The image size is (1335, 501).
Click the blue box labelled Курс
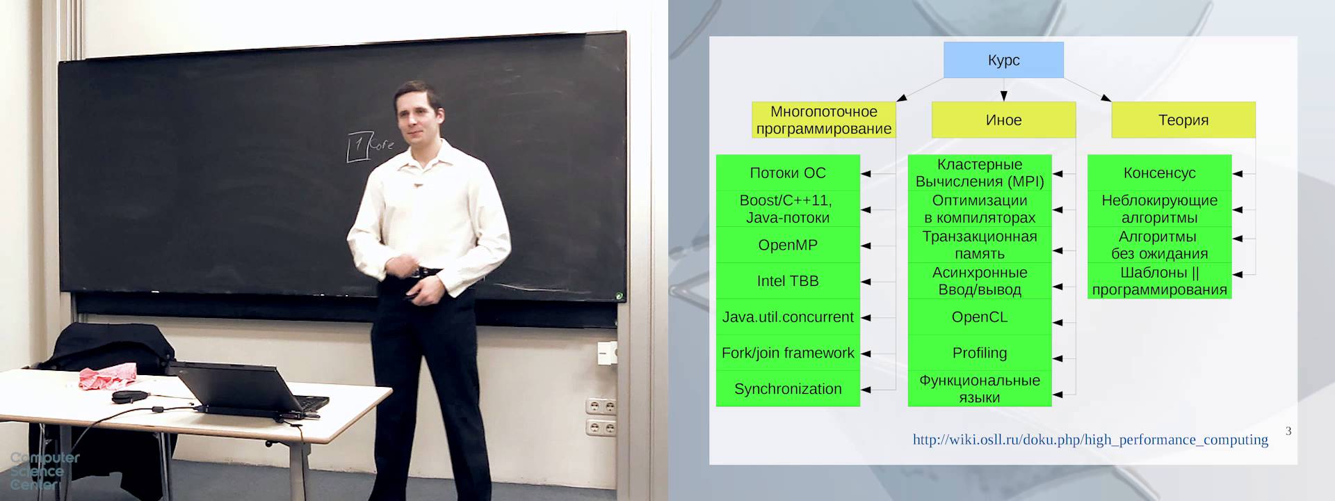coord(1003,60)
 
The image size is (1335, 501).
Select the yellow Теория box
coord(1183,120)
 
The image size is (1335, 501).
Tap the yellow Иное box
coord(1003,120)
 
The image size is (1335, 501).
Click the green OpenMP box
coord(788,245)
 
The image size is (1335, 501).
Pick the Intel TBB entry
coord(788,281)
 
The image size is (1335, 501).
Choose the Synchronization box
coord(788,389)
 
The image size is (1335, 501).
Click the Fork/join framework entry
coord(788,353)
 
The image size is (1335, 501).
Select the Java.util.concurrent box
coord(788,317)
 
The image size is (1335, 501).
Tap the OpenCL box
coord(980,317)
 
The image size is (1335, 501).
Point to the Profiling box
coord(980,353)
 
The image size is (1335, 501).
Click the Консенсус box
coord(1159,173)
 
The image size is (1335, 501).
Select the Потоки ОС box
coord(788,173)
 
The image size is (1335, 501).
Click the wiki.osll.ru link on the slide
coord(1090,440)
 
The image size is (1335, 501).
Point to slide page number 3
coord(1288,431)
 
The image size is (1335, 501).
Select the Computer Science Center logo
coord(44,471)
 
